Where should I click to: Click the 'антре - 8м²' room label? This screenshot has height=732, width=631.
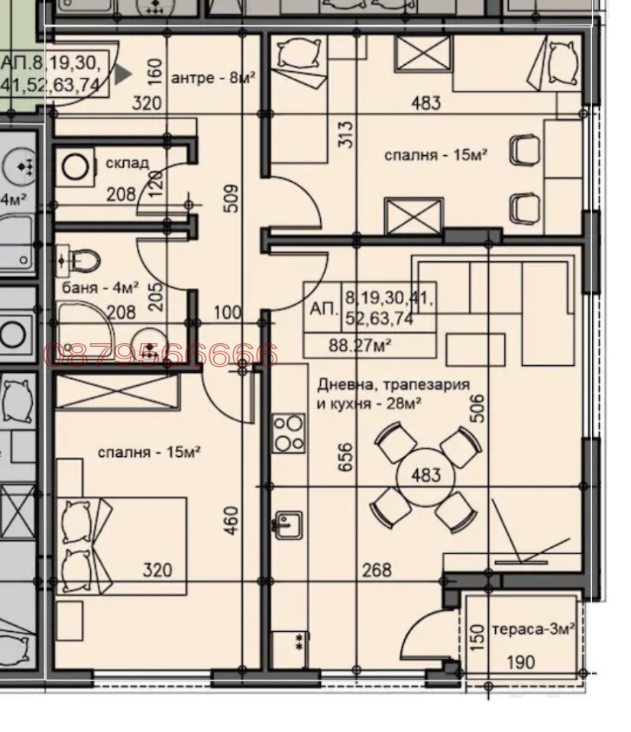[213, 78]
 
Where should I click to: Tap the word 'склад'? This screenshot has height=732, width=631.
[126, 164]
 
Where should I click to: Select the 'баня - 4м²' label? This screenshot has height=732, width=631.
[99, 288]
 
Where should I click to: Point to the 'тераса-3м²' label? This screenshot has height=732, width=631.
[533, 630]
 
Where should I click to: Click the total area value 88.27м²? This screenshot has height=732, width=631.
[359, 345]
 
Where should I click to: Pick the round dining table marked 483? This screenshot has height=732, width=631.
[426, 475]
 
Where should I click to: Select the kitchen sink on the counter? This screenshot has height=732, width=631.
[287, 523]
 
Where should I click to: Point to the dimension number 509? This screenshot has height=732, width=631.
[232, 197]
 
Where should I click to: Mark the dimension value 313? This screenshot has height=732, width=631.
[345, 135]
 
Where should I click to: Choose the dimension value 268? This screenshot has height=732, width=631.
[376, 569]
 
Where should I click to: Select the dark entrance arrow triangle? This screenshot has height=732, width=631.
[122, 74]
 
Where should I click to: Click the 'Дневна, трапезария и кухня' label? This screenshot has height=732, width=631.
[393, 394]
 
